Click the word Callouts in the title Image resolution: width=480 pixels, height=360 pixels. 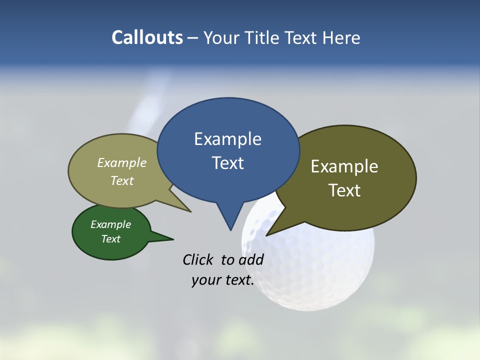pos(147,37)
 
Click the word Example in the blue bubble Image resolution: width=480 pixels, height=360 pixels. pos(227,139)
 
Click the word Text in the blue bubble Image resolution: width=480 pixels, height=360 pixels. pos(227,163)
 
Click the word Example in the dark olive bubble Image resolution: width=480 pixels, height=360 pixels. pos(344,166)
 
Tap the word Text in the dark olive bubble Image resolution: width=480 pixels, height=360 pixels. pos(344,190)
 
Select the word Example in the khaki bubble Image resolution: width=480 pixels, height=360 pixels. pos(122,163)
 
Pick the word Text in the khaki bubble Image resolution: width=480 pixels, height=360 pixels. pos(122,181)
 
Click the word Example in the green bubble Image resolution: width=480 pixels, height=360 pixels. pos(111,224)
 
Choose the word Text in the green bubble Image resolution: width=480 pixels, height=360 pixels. pos(111,239)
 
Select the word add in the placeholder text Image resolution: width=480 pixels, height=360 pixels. pos(251,259)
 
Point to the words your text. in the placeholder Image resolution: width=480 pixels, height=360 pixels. pos(223,280)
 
